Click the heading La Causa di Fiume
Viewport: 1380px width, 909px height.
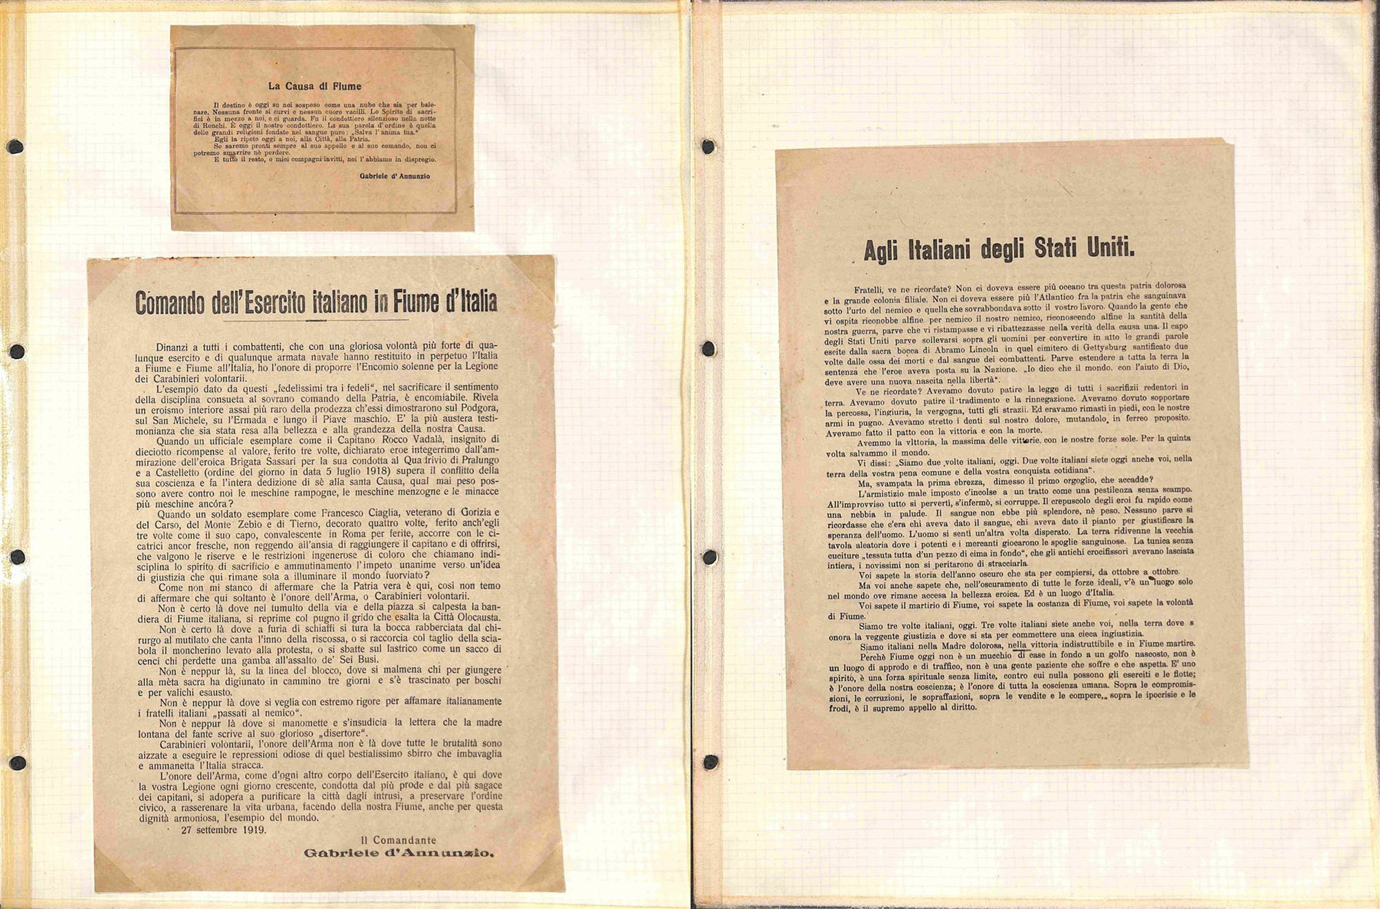(315, 86)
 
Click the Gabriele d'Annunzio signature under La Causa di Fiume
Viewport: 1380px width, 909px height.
(394, 176)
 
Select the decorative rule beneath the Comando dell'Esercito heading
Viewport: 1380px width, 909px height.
(316, 320)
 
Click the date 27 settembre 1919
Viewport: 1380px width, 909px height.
(224, 830)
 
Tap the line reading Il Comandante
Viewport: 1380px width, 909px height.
(399, 840)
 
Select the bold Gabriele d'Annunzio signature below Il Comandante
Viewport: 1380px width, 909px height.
(399, 853)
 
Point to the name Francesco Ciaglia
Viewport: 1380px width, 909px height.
(362, 513)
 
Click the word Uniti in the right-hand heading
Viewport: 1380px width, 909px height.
(1111, 247)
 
